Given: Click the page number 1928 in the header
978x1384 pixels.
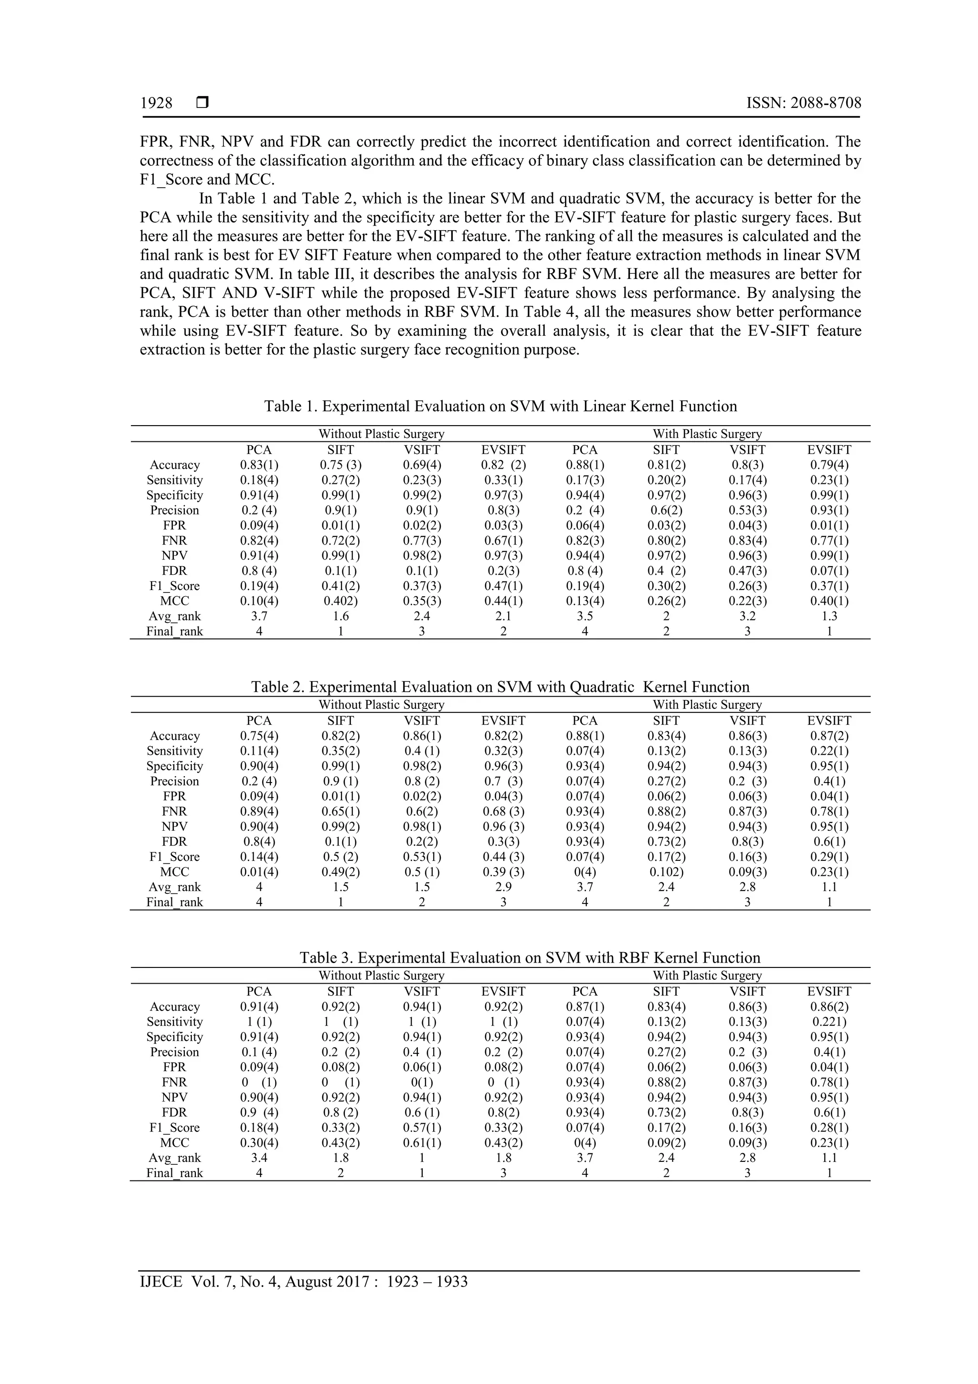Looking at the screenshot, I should coord(156,103).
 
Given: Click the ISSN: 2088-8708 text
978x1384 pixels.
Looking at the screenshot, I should coord(803,103).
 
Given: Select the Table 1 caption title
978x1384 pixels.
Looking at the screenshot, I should coord(500,406).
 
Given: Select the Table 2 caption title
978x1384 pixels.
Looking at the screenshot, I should coord(500,687).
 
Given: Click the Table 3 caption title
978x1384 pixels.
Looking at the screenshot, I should coord(530,957).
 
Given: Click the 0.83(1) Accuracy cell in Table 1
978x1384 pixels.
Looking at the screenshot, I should coord(259,465).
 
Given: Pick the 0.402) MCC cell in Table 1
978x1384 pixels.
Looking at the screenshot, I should coord(340,601).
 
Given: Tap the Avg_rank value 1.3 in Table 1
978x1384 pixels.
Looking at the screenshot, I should coord(829,616).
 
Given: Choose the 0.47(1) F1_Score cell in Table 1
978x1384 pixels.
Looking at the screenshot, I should coord(503,586).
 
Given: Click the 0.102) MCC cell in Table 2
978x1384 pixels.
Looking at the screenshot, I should coord(666,872).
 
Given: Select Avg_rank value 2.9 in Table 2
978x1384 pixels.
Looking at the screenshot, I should coord(503,887).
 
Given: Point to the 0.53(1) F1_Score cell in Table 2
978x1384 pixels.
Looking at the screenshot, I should coord(422,857).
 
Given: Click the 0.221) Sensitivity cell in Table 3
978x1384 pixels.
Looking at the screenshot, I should coord(829,1022).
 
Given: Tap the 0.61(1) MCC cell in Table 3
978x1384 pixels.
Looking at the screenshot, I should coord(422,1142).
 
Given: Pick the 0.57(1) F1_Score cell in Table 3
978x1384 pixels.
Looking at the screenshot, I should coord(422,1127).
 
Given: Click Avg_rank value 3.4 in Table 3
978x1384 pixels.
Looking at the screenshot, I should coord(259,1158).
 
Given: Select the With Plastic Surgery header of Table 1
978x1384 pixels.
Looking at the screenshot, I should coord(707,433).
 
